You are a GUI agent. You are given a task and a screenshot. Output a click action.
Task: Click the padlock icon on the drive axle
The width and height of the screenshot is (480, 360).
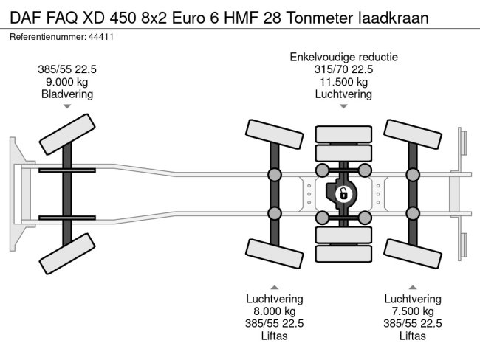point(343,195)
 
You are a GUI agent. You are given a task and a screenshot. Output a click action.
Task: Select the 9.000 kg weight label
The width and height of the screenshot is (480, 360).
point(67,82)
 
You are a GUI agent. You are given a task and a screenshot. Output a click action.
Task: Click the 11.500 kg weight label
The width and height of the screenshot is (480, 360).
point(343,82)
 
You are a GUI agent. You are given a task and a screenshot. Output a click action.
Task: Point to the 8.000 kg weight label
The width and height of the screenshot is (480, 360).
point(274,311)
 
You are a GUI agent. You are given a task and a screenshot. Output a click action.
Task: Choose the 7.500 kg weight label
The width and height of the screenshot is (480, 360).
point(412,311)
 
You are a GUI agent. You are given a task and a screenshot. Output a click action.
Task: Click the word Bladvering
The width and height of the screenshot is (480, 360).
point(67,94)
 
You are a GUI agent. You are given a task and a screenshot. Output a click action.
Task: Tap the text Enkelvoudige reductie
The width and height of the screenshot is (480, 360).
point(344,57)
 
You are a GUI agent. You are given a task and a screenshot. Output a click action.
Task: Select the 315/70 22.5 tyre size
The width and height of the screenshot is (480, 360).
point(343,69)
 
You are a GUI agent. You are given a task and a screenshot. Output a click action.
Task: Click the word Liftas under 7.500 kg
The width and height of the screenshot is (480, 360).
point(412,336)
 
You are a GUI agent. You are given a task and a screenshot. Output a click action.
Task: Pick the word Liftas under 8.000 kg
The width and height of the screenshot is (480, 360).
point(274,336)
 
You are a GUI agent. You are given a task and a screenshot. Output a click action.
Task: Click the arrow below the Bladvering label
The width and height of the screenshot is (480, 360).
point(67,107)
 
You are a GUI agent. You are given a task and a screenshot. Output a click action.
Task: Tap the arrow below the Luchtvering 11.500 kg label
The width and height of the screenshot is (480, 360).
point(343,107)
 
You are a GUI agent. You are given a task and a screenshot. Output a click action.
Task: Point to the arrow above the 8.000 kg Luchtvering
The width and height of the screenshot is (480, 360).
point(274,286)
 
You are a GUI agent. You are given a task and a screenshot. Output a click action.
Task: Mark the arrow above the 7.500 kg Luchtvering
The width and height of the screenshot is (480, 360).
point(412,286)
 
